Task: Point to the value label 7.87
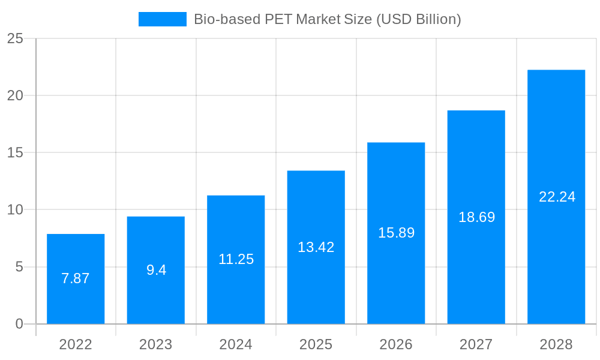point(76,278)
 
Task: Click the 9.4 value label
point(156,270)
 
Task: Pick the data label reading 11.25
point(236,259)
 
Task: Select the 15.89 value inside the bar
point(396,233)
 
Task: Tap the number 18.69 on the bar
point(476,217)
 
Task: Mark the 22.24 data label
point(557,197)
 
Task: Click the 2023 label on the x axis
point(156,344)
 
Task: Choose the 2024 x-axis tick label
point(236,344)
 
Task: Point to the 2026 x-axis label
point(396,344)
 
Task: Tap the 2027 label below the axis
point(476,344)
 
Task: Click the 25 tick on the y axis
point(15,39)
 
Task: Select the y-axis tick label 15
point(15,153)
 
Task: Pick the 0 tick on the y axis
point(19,324)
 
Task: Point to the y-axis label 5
point(19,267)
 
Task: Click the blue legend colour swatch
point(162,19)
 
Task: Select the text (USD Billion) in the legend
point(418,19)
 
